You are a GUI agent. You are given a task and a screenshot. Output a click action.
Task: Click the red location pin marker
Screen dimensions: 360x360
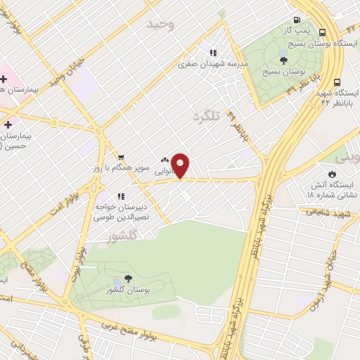pos(181,166)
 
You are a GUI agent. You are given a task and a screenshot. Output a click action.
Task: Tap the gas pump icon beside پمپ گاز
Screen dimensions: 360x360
pos(298,21)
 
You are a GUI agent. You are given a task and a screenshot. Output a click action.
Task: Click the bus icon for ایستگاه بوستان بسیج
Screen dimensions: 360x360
pos(322,32)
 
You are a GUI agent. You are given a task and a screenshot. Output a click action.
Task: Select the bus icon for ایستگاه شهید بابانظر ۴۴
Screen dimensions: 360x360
pos(337,82)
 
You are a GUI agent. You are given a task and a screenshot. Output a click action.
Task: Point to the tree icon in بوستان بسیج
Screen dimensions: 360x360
pos(283,62)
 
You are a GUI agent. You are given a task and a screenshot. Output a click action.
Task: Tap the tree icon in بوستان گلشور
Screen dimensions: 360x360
pos(127,279)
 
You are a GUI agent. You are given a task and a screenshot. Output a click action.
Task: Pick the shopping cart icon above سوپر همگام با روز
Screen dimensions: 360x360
pos(122,157)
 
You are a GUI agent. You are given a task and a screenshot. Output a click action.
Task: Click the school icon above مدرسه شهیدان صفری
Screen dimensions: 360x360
pos(212,52)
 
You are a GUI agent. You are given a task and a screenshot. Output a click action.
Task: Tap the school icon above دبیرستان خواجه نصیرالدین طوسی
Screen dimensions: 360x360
pos(121,196)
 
